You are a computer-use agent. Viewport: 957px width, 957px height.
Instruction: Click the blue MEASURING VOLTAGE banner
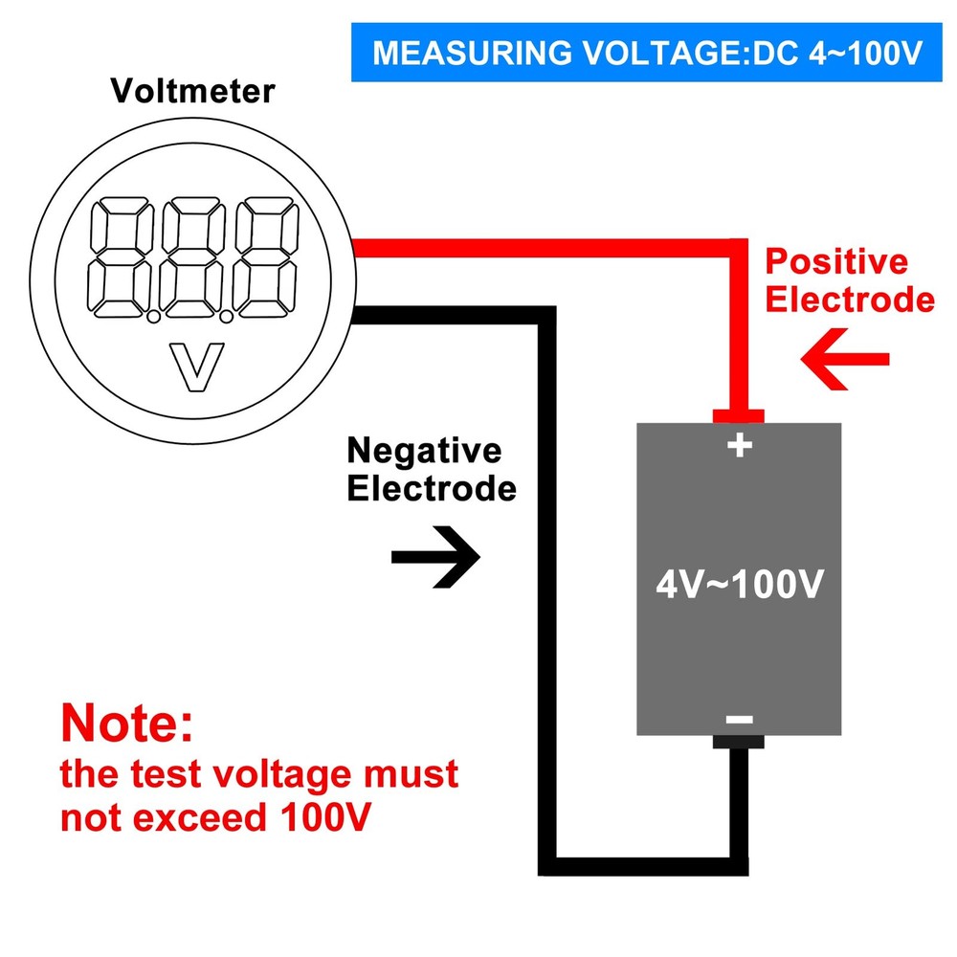646,52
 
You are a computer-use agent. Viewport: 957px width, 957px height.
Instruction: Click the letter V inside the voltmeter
195,367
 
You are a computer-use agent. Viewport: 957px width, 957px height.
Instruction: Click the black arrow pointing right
436,555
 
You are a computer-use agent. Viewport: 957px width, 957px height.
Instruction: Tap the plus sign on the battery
739,445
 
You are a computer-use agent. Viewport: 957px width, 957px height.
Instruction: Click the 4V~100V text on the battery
739,584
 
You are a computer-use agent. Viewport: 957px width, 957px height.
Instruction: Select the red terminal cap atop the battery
739,415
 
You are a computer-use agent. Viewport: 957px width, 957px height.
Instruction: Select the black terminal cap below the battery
738,742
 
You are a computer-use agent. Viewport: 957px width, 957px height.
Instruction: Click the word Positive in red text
836,262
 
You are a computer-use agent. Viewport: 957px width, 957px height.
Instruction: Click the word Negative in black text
423,450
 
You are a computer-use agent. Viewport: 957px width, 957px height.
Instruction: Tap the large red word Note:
126,723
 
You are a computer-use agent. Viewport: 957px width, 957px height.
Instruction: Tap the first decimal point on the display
153,312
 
